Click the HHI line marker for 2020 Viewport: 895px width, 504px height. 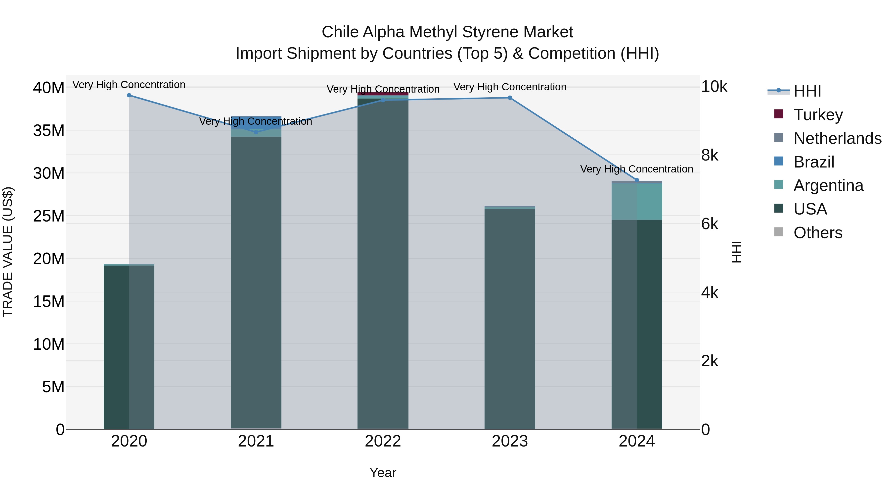(x=129, y=95)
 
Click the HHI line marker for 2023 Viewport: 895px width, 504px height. (x=510, y=98)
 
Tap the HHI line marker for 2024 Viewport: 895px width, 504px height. (x=636, y=180)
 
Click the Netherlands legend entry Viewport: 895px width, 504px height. (x=837, y=138)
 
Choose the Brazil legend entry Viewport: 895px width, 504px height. (x=814, y=162)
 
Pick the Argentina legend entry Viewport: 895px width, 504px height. (x=828, y=185)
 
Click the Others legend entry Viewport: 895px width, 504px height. (x=818, y=233)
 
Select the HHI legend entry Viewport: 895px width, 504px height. (x=807, y=91)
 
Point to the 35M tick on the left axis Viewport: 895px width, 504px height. (x=49, y=131)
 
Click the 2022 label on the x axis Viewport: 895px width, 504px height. (x=383, y=441)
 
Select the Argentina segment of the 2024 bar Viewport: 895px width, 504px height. (x=636, y=202)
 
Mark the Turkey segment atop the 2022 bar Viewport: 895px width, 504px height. (x=383, y=94)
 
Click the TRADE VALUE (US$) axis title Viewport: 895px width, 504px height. (x=8, y=252)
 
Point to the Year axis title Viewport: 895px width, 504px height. (x=383, y=473)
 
